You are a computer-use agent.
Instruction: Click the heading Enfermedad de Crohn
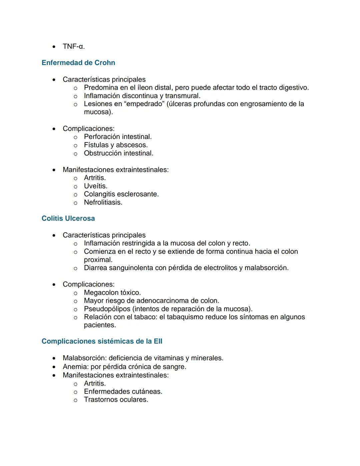pos(78,63)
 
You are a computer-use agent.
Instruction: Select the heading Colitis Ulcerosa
pos(68,218)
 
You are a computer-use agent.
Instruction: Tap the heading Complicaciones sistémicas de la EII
pos(102,341)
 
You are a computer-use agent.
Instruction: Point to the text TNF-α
pos(74,46)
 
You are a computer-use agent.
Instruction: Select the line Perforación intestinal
pos(118,137)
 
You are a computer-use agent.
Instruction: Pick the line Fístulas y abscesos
pos(116,145)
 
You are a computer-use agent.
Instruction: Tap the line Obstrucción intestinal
pos(118,153)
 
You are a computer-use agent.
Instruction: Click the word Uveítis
pos(95,186)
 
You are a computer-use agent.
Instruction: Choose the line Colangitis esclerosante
pos(121,194)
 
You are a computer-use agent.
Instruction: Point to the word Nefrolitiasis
pos(103,202)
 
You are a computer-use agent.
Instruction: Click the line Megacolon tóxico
pos(112,293)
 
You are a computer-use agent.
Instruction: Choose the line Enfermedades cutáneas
pos(123,392)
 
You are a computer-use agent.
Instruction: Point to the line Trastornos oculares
pos(116,400)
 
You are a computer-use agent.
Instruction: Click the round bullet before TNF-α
pos(54,47)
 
